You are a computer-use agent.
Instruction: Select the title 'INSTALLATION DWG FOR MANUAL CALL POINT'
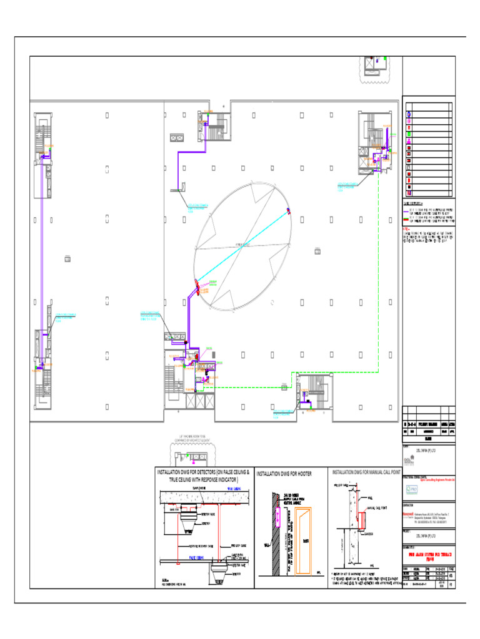tap(366, 472)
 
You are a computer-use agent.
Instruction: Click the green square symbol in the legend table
tap(409, 134)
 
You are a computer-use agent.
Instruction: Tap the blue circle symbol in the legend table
tap(409, 115)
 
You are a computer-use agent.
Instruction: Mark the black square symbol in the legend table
tap(409, 187)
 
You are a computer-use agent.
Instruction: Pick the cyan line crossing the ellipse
tap(244, 247)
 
